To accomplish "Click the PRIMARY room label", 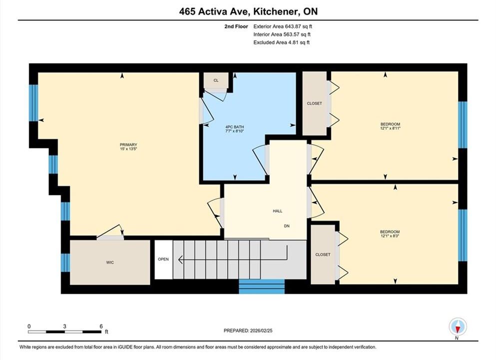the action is (128, 144).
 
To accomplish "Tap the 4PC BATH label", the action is (235, 127).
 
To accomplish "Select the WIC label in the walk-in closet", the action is (110, 262).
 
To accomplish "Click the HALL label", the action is (277, 211).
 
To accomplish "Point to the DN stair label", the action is (287, 226).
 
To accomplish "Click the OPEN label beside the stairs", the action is (163, 259).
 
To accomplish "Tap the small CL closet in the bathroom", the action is (216, 80).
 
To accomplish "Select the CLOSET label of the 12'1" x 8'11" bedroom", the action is (314, 103).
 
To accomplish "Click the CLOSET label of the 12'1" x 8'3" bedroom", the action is (323, 254).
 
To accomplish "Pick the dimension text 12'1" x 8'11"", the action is (390, 128).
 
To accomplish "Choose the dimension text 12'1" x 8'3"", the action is (390, 236).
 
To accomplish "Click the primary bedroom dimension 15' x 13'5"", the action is (128, 149).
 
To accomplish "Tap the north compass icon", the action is (458, 326).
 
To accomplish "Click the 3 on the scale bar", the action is (64, 326).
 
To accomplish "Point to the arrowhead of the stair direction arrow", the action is (180, 259).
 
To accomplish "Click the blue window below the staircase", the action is (262, 286).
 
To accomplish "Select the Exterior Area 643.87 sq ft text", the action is (283, 26).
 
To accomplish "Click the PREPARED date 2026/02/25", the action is (261, 330).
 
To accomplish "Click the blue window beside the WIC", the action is (65, 262).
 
